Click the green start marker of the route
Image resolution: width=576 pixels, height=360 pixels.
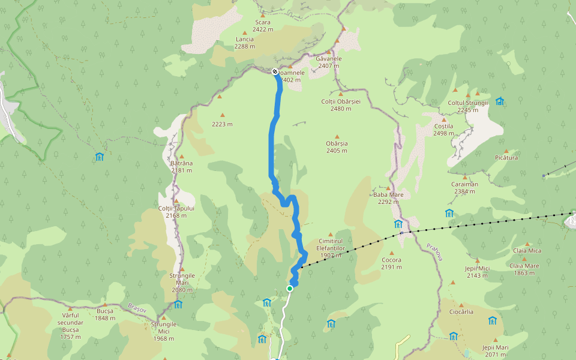coord(290,289)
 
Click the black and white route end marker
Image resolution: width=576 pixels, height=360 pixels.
coord(275,71)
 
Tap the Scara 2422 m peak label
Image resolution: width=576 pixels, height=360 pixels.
coord(263,25)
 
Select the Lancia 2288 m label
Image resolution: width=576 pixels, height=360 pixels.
coord(244,43)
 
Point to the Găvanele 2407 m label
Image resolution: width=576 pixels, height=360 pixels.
coord(329,62)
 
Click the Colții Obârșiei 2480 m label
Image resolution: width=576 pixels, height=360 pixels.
coord(341,105)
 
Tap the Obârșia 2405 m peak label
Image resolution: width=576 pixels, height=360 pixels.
coord(337,147)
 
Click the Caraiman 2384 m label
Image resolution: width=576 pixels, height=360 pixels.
coord(463,188)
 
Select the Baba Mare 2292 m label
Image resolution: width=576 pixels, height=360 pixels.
coord(388,198)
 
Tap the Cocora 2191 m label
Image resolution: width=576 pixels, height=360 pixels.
coord(391,263)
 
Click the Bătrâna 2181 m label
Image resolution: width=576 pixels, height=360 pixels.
coord(181,166)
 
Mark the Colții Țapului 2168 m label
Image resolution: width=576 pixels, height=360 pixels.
coord(176,211)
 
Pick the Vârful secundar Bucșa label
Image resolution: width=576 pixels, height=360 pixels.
coord(70,322)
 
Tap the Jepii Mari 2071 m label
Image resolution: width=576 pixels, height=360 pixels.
coord(495,350)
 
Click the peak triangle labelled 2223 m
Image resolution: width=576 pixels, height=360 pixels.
coord(222,115)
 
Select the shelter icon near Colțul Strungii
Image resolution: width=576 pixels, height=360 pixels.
coord(499,101)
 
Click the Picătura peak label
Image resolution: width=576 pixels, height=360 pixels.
coord(506,157)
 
